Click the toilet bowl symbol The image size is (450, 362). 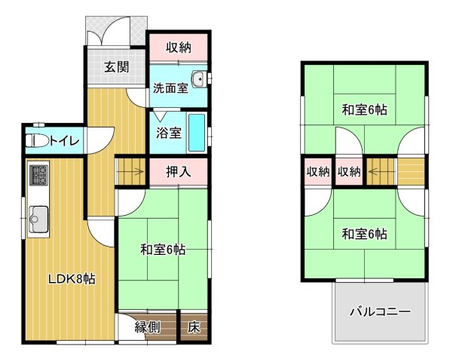(x=37, y=141)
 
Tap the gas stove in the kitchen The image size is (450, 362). (x=38, y=175)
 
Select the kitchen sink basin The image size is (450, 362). (x=38, y=219)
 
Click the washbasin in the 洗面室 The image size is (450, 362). (x=198, y=78)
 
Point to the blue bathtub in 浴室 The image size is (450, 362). (x=197, y=133)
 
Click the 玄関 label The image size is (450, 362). (x=116, y=67)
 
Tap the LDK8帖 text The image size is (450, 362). (x=72, y=278)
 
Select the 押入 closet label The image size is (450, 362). (x=178, y=172)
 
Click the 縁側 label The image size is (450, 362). (x=148, y=327)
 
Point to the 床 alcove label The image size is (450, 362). (x=194, y=327)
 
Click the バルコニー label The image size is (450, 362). (x=380, y=311)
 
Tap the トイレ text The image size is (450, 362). (x=64, y=141)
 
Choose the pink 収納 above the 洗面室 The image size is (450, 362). (x=179, y=48)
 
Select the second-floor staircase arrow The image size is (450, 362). (x=381, y=172)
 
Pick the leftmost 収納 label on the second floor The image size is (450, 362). (x=318, y=172)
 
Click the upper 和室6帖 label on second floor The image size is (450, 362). (x=364, y=110)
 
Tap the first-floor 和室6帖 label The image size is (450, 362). (x=162, y=250)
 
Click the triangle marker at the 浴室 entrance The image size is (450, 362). (x=160, y=115)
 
